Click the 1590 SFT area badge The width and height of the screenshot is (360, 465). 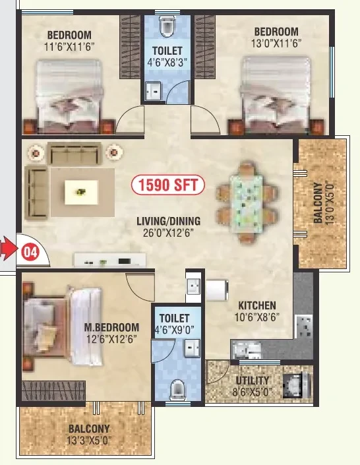pyautogui.click(x=168, y=185)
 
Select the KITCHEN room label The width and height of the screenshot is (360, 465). pyautogui.click(x=257, y=305)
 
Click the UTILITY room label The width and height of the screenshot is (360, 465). pyautogui.click(x=253, y=380)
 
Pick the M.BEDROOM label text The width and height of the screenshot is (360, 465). pyautogui.click(x=111, y=327)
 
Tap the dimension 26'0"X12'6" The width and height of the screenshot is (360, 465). pyautogui.click(x=168, y=233)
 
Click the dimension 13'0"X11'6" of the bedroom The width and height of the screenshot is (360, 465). pyautogui.click(x=276, y=44)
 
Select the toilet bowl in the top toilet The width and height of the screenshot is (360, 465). pyautogui.click(x=166, y=26)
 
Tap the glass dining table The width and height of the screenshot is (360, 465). pyautogui.click(x=245, y=202)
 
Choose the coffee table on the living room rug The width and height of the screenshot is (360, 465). pyautogui.click(x=81, y=192)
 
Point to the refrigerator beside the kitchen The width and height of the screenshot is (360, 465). pyautogui.click(x=217, y=290)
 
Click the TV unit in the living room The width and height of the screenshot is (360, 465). pyautogui.click(x=110, y=260)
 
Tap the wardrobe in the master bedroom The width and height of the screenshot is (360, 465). pyautogui.click(x=53, y=391)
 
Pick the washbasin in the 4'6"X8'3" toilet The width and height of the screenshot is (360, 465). pyautogui.click(x=153, y=91)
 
